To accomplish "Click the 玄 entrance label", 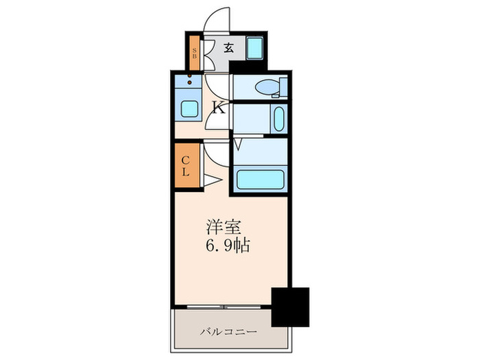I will (x=230, y=49).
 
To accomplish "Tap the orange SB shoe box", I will (x=195, y=53).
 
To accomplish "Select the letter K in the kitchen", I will (x=219, y=107).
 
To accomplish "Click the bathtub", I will (x=261, y=180).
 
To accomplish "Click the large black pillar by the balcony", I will (x=291, y=307).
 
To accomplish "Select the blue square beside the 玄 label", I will (x=255, y=49).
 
